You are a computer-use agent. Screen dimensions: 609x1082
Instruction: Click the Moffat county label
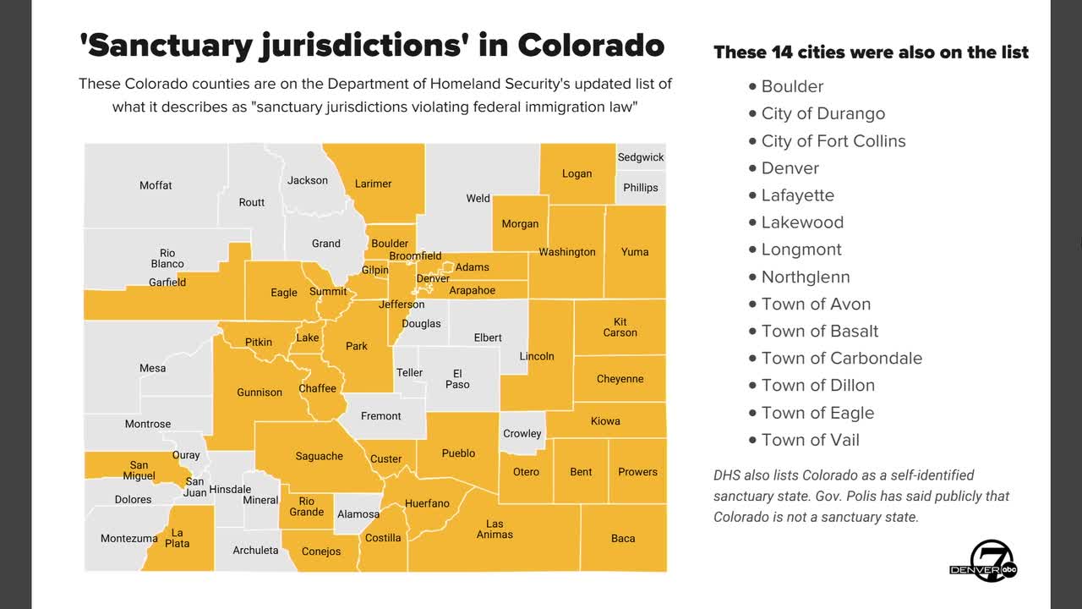coord(156,185)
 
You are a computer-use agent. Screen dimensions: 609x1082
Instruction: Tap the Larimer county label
coord(373,184)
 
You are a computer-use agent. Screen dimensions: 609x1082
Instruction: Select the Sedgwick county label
coord(641,157)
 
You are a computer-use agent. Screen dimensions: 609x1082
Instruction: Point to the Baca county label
coord(623,538)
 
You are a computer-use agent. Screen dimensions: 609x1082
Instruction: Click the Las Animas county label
coord(495,529)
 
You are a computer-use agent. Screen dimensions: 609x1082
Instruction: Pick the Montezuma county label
coord(128,538)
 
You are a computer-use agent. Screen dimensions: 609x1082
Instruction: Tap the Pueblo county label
coord(458,453)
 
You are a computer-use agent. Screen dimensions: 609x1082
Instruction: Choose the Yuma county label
coord(635,251)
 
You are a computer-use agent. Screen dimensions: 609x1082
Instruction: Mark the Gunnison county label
coord(260,392)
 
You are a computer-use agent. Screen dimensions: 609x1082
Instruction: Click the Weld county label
coord(478,199)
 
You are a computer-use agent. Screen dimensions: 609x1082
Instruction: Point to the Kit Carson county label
coord(620,327)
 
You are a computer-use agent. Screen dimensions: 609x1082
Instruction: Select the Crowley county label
coord(522,434)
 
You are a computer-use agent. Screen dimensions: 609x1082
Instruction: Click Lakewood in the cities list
coord(802,222)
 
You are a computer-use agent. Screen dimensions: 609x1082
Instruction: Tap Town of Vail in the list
coord(810,440)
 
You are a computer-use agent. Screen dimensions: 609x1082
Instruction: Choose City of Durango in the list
coord(822,113)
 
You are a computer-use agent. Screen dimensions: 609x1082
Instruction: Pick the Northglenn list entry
coord(806,277)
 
